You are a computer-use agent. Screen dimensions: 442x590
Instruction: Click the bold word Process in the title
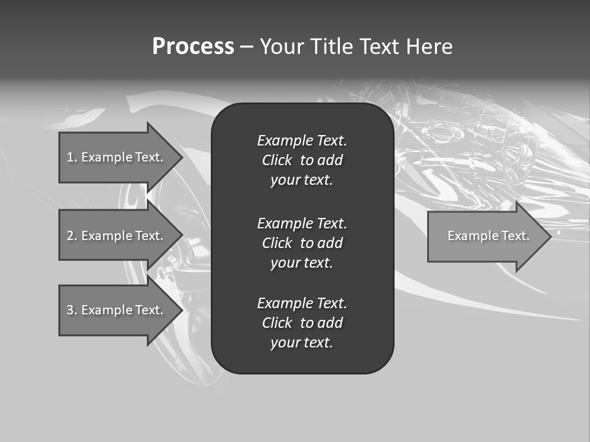pyautogui.click(x=193, y=47)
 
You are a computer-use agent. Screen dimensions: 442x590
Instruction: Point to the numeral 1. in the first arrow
pyautogui.click(x=72, y=157)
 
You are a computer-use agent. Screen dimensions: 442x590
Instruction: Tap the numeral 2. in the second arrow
pyautogui.click(x=72, y=236)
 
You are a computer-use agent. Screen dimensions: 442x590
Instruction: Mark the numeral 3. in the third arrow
pyautogui.click(x=72, y=310)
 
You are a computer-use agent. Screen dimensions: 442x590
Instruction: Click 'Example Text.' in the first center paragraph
pyautogui.click(x=302, y=141)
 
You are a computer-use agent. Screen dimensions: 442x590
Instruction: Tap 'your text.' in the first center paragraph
pyautogui.click(x=302, y=180)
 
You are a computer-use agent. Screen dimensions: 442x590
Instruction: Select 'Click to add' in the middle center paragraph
pyautogui.click(x=302, y=243)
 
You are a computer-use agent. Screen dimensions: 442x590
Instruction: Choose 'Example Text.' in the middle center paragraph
pyautogui.click(x=302, y=223)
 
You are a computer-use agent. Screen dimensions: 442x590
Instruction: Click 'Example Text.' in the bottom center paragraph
pyautogui.click(x=302, y=303)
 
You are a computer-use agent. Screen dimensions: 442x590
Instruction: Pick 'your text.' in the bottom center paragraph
pyautogui.click(x=302, y=343)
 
